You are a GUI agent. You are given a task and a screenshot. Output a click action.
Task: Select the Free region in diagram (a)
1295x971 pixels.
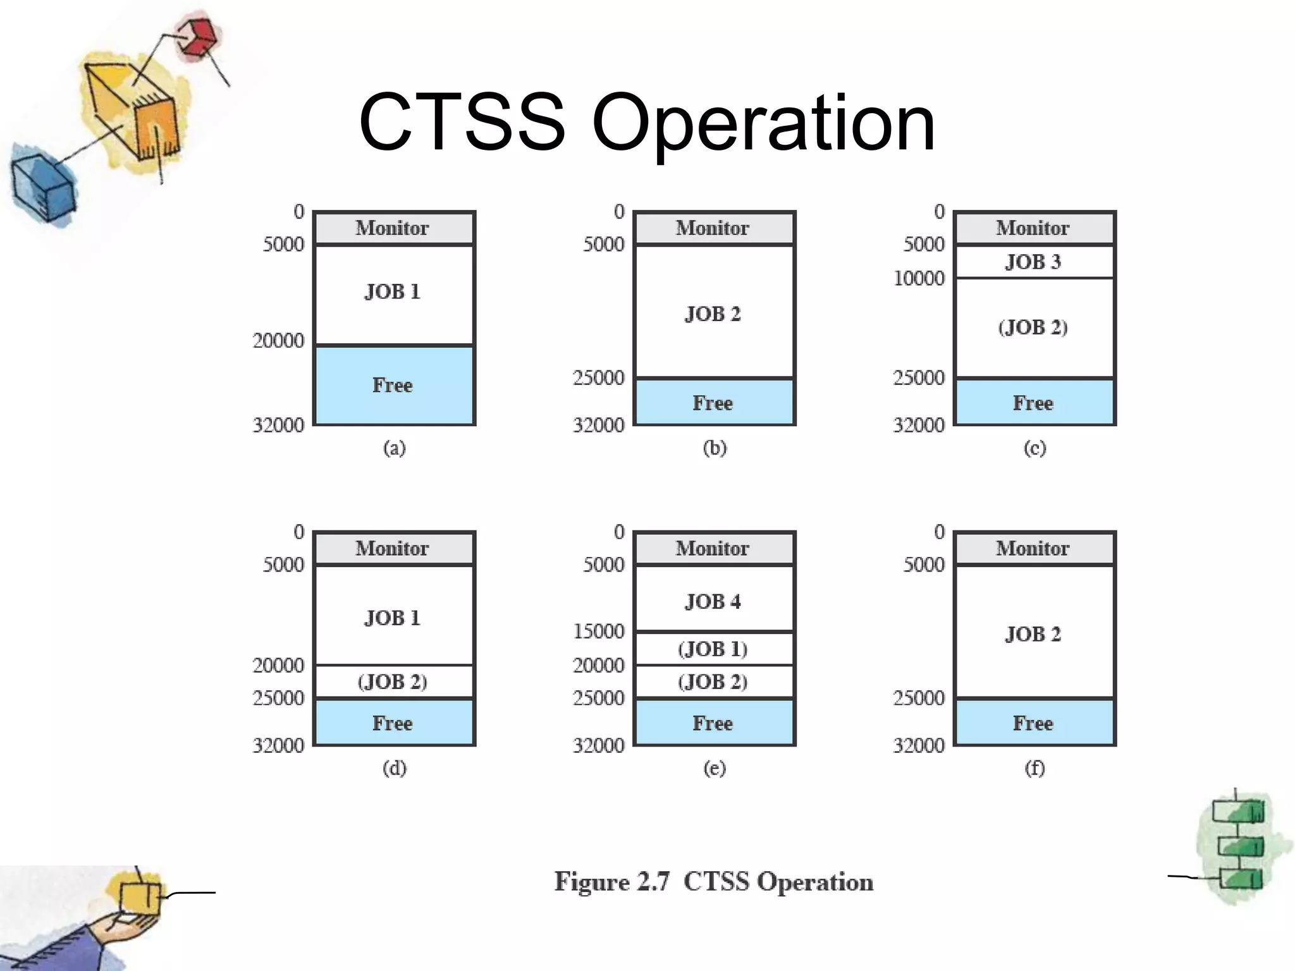click(x=393, y=385)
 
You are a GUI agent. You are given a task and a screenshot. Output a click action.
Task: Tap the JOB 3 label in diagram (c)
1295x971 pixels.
click(x=1033, y=262)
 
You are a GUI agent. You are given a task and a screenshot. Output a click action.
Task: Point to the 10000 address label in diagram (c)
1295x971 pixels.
click(x=919, y=278)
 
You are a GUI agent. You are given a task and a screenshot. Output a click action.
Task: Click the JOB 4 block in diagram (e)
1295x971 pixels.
click(x=713, y=601)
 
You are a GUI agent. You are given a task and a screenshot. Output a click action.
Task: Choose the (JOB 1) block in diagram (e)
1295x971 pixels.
click(x=713, y=649)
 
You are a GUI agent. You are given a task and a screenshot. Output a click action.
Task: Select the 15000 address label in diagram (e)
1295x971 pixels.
click(x=598, y=631)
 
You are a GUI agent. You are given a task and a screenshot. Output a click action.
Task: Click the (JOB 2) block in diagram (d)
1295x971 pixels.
click(x=393, y=682)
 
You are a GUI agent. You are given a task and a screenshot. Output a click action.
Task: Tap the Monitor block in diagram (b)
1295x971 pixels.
click(x=713, y=228)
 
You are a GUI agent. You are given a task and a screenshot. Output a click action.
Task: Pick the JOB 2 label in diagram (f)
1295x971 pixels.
click(x=1033, y=634)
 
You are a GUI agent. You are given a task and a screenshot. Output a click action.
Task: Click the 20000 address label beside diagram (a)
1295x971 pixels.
click(x=278, y=341)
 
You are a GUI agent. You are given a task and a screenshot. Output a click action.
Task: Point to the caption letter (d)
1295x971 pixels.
click(x=394, y=768)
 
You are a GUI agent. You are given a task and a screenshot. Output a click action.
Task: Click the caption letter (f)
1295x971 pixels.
click(x=1034, y=768)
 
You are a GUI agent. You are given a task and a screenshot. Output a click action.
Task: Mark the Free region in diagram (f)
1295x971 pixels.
click(x=1033, y=723)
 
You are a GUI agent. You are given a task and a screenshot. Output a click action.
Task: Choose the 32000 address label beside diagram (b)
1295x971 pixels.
click(x=598, y=425)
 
